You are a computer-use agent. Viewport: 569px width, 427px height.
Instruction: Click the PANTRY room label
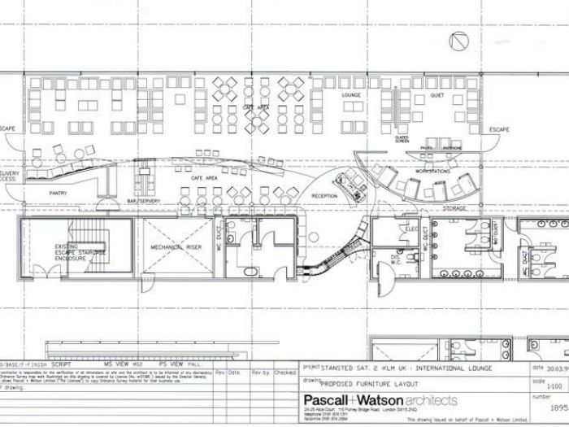(x=57, y=193)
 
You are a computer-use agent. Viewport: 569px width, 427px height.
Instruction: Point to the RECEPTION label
(x=324, y=195)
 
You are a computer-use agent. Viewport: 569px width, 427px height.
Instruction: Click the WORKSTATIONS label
(x=432, y=172)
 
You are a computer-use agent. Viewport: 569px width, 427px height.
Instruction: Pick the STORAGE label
(x=455, y=208)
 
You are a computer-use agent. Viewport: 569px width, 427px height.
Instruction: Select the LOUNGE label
(x=351, y=96)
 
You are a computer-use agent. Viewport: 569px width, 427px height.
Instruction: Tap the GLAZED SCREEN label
(x=401, y=140)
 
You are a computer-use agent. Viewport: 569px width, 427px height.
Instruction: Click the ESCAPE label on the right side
(x=498, y=130)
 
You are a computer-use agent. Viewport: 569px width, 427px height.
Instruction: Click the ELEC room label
(x=410, y=230)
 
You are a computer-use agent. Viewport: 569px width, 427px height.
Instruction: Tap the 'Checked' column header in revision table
(x=285, y=373)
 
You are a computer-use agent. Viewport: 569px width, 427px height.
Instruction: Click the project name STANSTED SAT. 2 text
(x=354, y=366)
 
